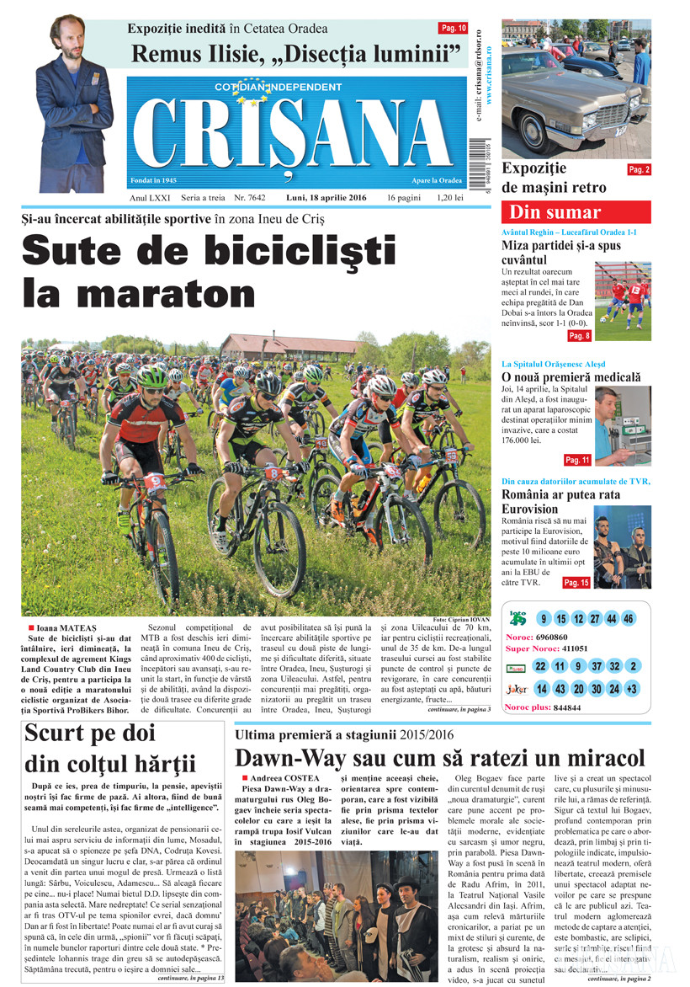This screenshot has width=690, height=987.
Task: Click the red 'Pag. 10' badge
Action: pos(454,29)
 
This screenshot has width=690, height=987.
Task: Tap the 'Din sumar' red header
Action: pos(576,211)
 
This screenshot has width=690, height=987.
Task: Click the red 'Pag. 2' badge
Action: pos(639,169)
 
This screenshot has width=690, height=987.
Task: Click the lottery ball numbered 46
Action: pos(628,619)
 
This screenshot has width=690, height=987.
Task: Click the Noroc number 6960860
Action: pos(552,637)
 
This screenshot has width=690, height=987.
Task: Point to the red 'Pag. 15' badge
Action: pos(576,582)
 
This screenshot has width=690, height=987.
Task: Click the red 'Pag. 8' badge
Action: pos(579,336)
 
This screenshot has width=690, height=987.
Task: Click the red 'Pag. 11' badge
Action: pos(577,460)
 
